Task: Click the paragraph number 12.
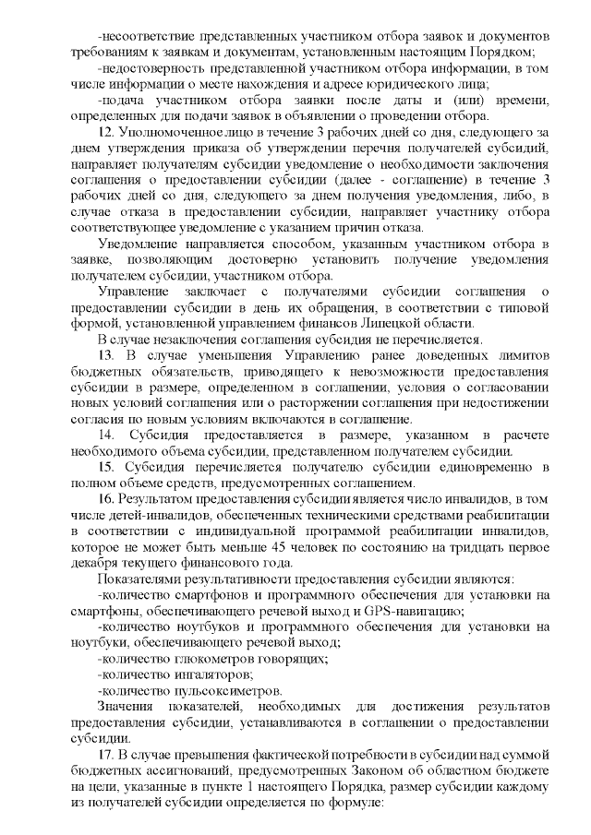pyautogui.click(x=104, y=135)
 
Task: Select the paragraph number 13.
pyautogui.click(x=104, y=355)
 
